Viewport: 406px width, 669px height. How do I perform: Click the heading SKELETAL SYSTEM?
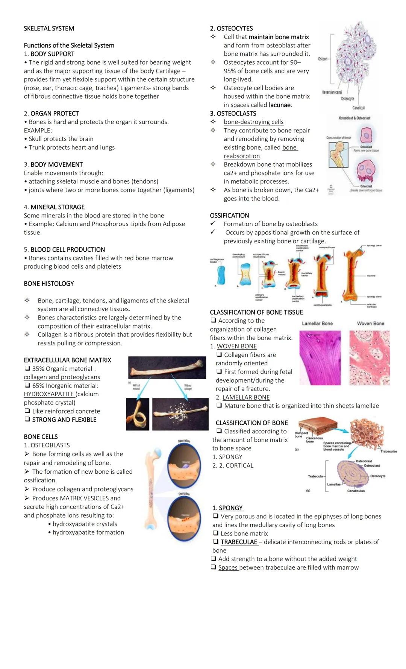pyautogui.click(x=49, y=29)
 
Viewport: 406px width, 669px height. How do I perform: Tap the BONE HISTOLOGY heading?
pyautogui.click(x=49, y=284)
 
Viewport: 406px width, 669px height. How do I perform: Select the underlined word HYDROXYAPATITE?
pyautogui.click(x=49, y=394)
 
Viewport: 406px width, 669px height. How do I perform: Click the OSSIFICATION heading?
pyautogui.click(x=229, y=216)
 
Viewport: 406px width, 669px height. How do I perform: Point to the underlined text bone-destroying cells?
pyautogui.click(x=254, y=122)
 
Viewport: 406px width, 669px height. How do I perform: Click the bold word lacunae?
pyautogui.click(x=280, y=105)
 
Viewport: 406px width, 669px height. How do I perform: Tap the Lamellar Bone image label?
pyautogui.click(x=317, y=324)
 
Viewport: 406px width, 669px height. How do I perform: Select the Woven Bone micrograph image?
pyautogui.click(x=370, y=358)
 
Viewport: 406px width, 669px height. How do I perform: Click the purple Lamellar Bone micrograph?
pyautogui.click(x=320, y=358)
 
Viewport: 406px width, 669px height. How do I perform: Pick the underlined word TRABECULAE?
pyautogui.click(x=239, y=542)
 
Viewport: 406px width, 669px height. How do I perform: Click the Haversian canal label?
pyautogui.click(x=332, y=92)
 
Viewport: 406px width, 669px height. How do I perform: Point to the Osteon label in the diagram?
pyautogui.click(x=323, y=59)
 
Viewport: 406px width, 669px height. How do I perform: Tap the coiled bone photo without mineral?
pyautogui.click(x=138, y=414)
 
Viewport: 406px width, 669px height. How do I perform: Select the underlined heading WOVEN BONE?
pyautogui.click(x=237, y=347)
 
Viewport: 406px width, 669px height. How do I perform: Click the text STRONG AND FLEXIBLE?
pyautogui.click(x=64, y=420)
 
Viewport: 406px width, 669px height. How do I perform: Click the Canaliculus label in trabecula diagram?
pyautogui.click(x=356, y=491)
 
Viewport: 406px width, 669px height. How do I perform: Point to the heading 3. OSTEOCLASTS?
pyautogui.click(x=233, y=114)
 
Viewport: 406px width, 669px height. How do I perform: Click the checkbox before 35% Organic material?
pyautogui.click(x=27, y=369)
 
